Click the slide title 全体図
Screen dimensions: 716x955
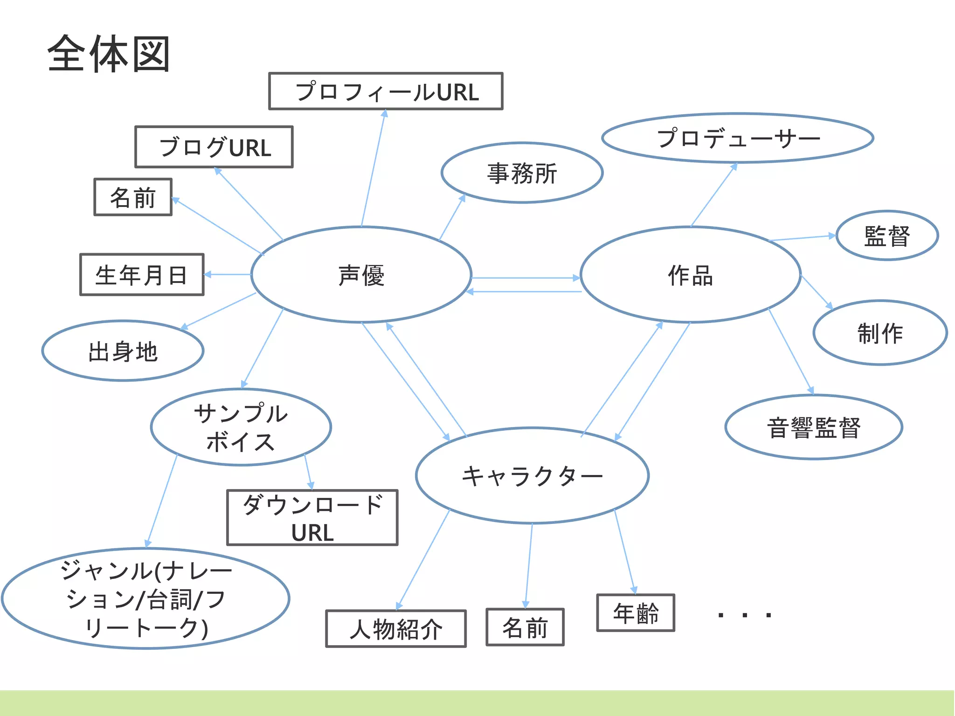click(109, 54)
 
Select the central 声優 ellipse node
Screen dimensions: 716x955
click(361, 275)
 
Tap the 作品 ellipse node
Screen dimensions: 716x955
click(690, 275)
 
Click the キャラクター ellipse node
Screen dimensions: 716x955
click(532, 475)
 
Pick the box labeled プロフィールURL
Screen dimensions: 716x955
click(386, 91)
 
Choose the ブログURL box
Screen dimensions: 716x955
click(214, 147)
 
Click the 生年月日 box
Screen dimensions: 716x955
click(142, 275)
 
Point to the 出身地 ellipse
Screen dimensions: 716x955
click(123, 351)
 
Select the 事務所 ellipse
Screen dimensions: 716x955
click(522, 173)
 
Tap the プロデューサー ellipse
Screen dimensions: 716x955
click(738, 138)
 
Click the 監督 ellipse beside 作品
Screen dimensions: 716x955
click(887, 235)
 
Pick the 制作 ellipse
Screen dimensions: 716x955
click(880, 333)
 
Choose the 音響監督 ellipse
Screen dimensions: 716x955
click(814, 427)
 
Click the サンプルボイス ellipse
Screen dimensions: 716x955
click(241, 427)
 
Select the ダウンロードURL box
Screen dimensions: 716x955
click(312, 517)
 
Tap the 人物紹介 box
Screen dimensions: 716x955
click(396, 629)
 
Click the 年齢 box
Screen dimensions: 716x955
click(636, 613)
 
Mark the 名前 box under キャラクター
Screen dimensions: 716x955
click(525, 627)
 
